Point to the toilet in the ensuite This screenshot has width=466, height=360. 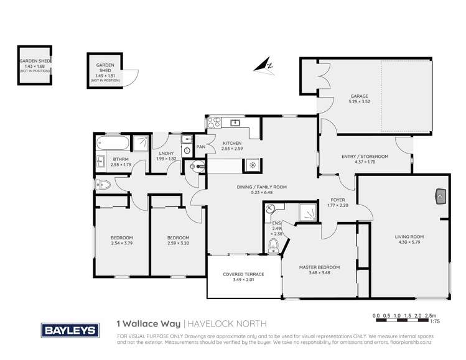[x=272, y=247]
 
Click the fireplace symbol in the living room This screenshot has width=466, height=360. [x=441, y=196]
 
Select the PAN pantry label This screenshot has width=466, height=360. [x=201, y=147]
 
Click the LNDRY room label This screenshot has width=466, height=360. [x=165, y=153]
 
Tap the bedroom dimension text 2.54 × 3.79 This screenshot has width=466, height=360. [x=122, y=243]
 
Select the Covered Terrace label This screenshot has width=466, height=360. [x=244, y=274]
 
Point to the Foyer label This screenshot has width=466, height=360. [x=338, y=200]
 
